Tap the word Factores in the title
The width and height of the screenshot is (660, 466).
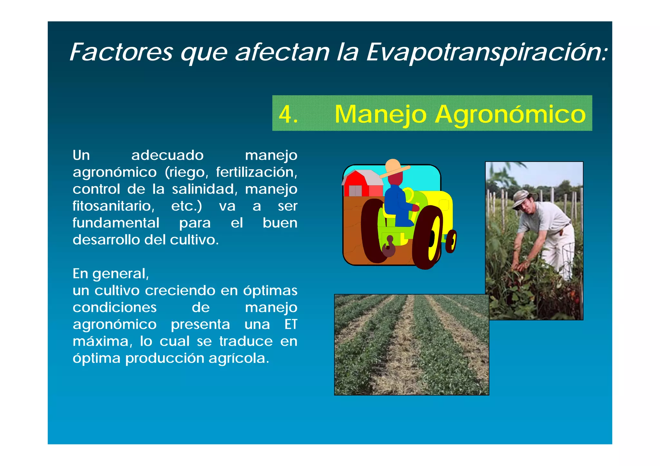coord(121,52)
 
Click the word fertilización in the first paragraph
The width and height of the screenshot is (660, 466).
coord(256,172)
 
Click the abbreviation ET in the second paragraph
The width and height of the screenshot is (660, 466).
coord(291,324)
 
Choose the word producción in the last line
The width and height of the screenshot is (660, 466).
coord(165,358)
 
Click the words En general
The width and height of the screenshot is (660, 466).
coord(111,274)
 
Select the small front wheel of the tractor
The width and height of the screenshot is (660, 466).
coord(451,241)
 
